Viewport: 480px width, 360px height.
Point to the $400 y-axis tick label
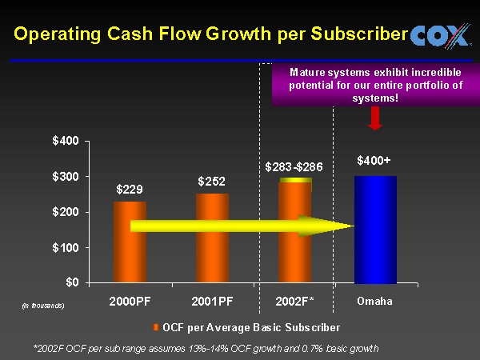pos(66,141)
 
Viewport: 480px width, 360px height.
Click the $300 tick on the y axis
pos(66,177)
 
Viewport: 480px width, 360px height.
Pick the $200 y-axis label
pos(66,212)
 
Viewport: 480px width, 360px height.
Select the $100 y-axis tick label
pos(66,247)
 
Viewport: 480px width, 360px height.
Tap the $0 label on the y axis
pos(70,282)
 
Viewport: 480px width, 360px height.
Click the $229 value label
pos(130,190)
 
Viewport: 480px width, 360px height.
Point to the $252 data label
pos(212,182)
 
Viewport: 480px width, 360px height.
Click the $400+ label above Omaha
pos(374,161)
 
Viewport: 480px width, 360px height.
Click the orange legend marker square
pos(156,327)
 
